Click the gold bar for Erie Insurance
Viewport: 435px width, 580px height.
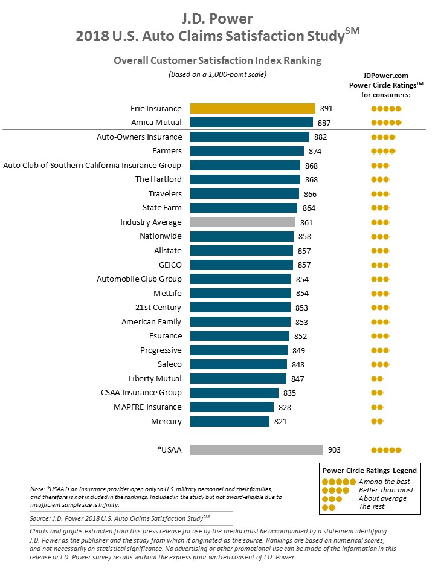pyautogui.click(x=253, y=109)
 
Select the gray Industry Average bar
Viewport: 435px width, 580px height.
pyautogui.click(x=243, y=222)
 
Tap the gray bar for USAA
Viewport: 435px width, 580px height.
pyautogui.click(x=256, y=450)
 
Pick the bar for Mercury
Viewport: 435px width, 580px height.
pyautogui.click(x=230, y=422)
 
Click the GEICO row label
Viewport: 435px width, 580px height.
pyautogui.click(x=170, y=265)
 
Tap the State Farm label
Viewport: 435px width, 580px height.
pyautogui.click(x=161, y=208)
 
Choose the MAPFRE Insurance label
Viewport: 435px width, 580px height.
pyautogui.click(x=147, y=407)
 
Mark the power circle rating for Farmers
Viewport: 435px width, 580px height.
pyautogui.click(x=383, y=151)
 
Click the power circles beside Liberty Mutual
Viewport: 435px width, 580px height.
pyautogui.click(x=377, y=379)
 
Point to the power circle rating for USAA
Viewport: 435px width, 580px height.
pyautogui.click(x=386, y=450)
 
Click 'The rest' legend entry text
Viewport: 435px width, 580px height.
pyautogui.click(x=371, y=507)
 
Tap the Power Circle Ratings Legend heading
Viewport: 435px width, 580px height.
pyautogui.click(x=369, y=470)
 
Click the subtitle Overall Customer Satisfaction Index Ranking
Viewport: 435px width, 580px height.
pyautogui.click(x=217, y=60)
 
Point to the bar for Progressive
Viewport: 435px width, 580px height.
pyautogui.click(x=239, y=350)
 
